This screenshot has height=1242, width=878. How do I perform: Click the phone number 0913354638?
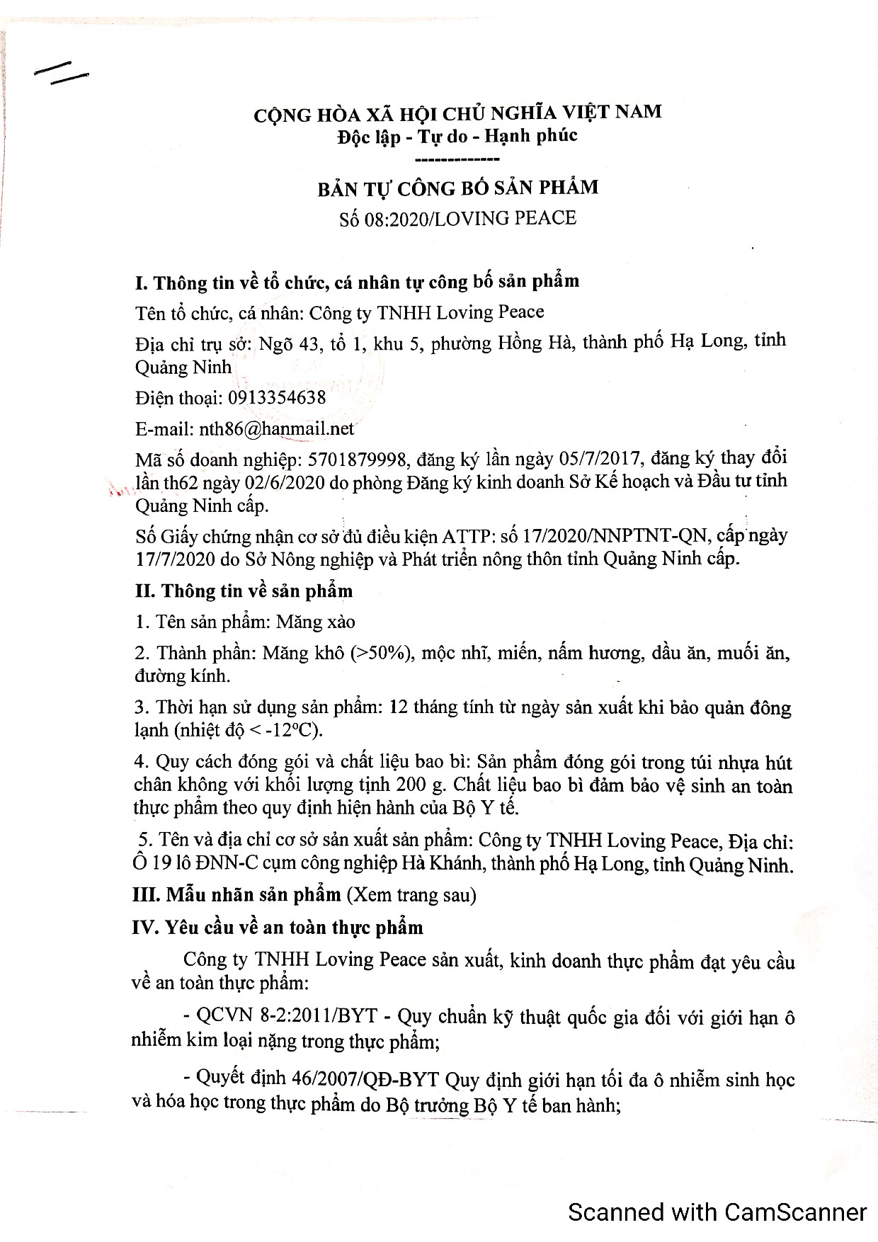click(277, 398)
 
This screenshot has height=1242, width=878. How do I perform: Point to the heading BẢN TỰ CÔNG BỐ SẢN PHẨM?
click(457, 188)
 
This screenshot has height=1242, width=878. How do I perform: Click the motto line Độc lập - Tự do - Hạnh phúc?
click(457, 135)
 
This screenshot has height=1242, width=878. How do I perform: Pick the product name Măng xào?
click(316, 622)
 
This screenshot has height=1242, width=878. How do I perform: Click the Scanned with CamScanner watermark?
click(717, 1212)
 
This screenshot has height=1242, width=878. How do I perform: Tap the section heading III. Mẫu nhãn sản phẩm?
click(237, 895)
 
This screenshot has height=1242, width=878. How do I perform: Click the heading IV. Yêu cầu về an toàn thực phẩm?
click(278, 928)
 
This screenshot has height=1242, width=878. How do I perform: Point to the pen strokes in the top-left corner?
click(62, 72)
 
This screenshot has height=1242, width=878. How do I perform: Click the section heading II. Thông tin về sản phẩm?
click(244, 591)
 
